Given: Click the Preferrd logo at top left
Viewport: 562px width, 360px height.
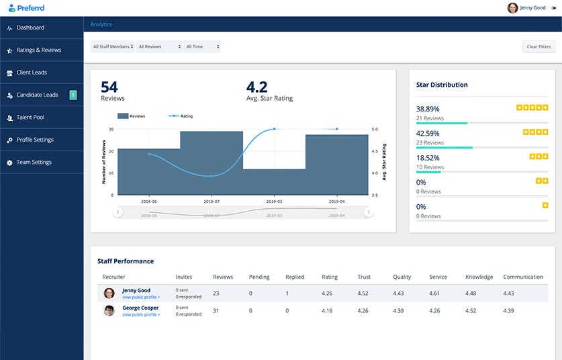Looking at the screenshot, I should point(27,8).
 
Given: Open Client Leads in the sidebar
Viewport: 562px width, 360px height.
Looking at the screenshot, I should point(32,73).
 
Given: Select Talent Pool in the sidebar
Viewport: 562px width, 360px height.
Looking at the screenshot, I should point(30,118).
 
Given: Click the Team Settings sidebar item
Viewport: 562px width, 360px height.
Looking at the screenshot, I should point(34,163).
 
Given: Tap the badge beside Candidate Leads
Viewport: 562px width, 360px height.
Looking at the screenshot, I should point(73,95).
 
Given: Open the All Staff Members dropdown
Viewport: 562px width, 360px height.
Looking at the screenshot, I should point(113,47).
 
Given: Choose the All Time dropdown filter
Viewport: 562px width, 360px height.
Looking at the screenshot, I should point(202,47).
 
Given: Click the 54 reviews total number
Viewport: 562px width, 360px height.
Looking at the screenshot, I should point(109,87).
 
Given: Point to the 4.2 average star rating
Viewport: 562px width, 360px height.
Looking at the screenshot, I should point(256,87).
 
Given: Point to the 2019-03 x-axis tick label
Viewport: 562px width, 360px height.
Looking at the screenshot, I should point(275,201).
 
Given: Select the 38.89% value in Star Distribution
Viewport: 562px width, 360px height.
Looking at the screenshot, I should point(428,108).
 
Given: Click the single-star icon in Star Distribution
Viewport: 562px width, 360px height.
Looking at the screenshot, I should point(545,205).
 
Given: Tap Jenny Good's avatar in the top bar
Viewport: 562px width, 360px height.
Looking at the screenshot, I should point(513,8).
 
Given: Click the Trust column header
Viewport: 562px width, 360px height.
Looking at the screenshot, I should point(364,277).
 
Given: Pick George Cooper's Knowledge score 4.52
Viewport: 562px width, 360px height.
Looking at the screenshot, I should point(471,310).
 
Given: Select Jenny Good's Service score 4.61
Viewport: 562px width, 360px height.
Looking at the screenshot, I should point(434,293).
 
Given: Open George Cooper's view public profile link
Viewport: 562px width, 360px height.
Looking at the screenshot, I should point(141,314).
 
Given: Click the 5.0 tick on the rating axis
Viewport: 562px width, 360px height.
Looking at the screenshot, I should point(375,129).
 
